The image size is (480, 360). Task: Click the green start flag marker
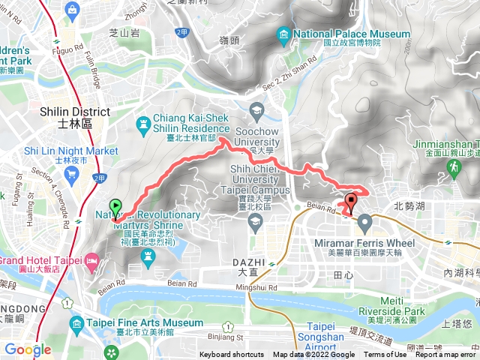tap(115, 206)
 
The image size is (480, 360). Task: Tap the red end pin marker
tap(351, 202)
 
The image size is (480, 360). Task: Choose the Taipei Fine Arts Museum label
tap(145, 323)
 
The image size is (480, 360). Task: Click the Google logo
tap(28, 349)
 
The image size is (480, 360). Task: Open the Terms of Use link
tap(384, 355)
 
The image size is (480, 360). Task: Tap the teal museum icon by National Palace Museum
tap(283, 34)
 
